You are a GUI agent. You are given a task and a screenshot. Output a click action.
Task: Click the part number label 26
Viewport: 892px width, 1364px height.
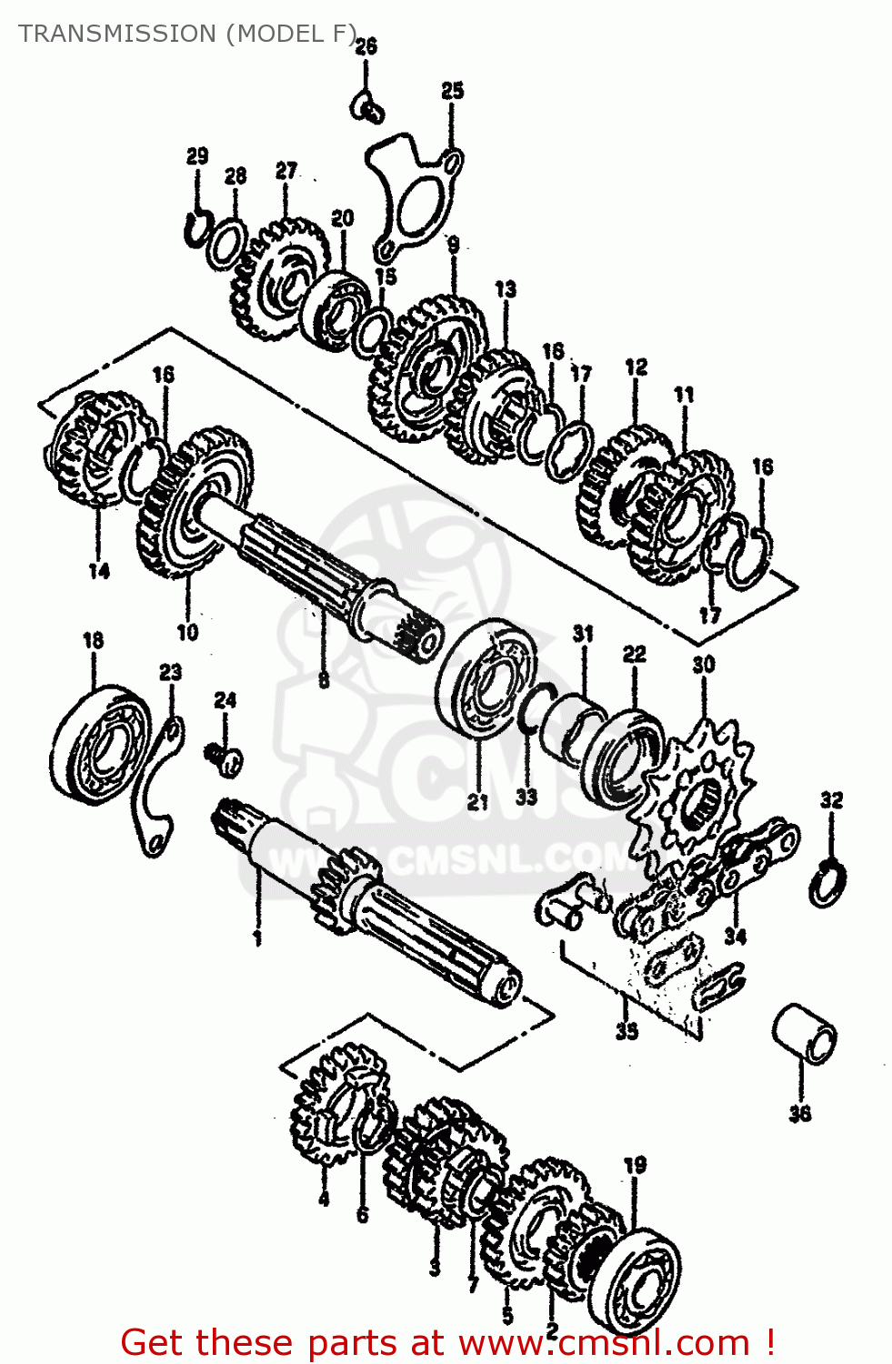pyautogui.click(x=366, y=46)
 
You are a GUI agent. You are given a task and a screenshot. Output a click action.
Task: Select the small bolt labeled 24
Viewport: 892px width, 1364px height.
pyautogui.click(x=223, y=757)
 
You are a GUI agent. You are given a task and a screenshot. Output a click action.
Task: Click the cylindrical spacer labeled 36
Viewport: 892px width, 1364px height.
pyautogui.click(x=804, y=1032)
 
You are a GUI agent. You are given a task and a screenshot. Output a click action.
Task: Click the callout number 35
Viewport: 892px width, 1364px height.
pyautogui.click(x=626, y=1030)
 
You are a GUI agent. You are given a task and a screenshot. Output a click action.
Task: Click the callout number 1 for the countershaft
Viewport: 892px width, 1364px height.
pyautogui.click(x=257, y=938)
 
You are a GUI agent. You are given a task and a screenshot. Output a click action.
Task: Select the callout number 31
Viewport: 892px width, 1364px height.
pyautogui.click(x=583, y=634)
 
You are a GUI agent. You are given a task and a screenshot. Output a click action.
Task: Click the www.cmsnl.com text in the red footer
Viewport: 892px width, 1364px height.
pyautogui.click(x=604, y=1342)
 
